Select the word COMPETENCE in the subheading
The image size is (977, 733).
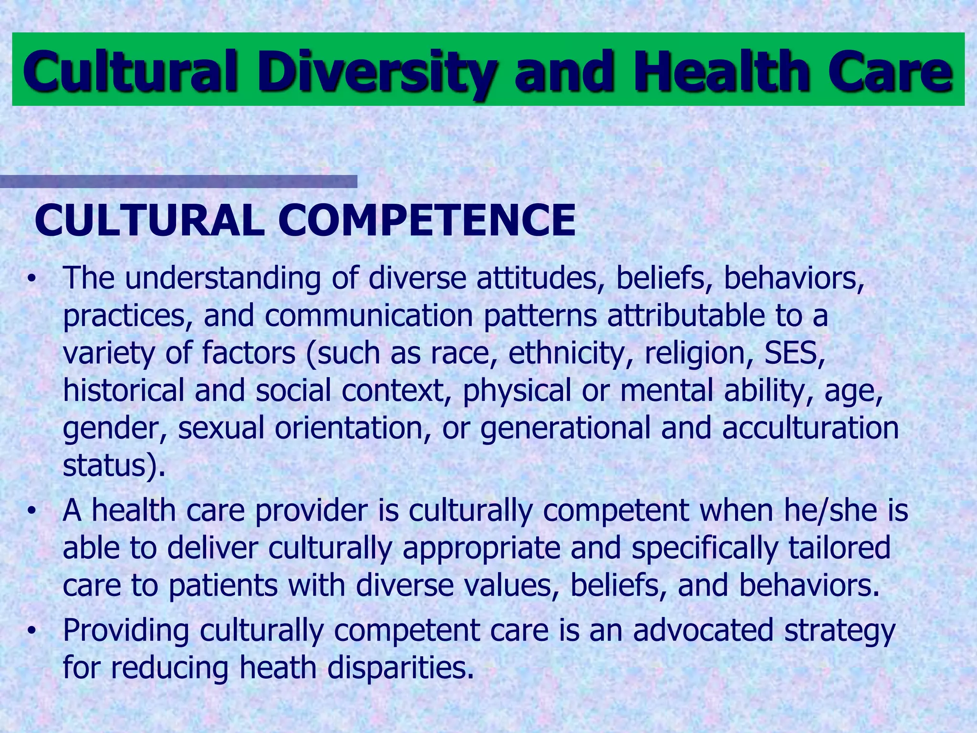pos(426,220)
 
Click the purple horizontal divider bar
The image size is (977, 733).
pos(178,182)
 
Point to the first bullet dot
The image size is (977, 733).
pos(31,279)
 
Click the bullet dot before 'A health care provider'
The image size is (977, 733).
pos(31,511)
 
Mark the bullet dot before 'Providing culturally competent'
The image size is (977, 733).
pos(31,631)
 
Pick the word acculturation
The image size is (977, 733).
pos(810,428)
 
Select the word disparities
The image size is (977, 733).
pos(401,668)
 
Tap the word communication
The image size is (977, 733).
pos(369,316)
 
